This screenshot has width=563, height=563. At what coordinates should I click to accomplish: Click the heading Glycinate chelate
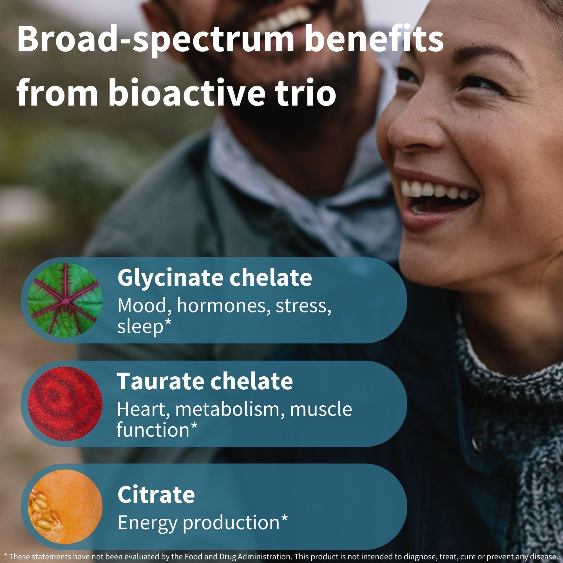coord(215,278)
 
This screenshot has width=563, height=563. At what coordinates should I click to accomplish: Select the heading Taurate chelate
coord(205,381)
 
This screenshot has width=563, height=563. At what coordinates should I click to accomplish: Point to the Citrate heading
coord(156,486)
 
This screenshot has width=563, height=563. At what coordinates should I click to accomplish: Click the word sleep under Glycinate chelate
coord(140,328)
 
